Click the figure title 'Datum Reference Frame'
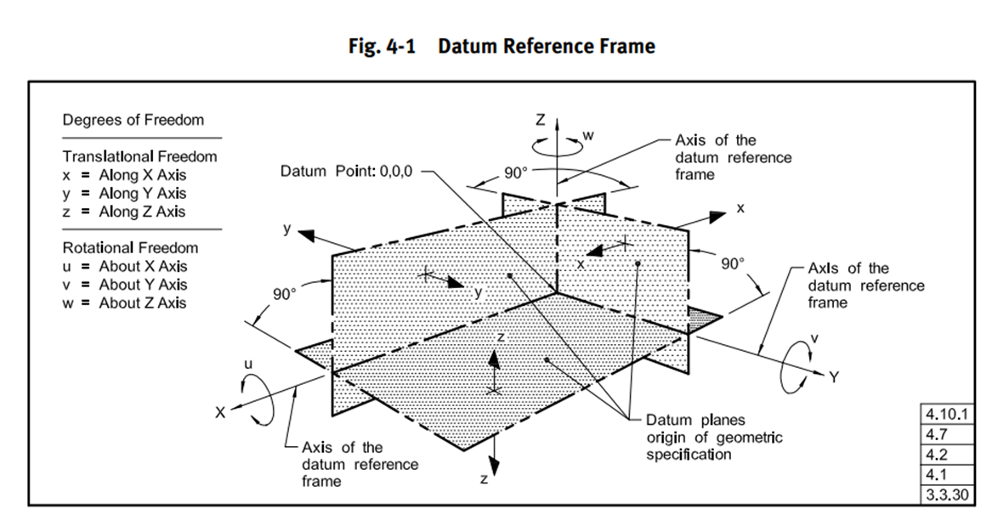click(546, 46)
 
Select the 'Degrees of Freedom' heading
click(133, 120)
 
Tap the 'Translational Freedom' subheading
click(139, 156)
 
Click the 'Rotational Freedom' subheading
click(130, 248)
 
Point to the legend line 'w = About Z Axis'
click(124, 303)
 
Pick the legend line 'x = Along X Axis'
click(124, 175)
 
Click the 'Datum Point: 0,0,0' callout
click(346, 172)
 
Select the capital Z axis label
click(541, 120)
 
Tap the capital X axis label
click(219, 413)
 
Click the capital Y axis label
click(835, 377)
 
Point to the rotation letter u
click(248, 364)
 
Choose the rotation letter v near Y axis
click(814, 339)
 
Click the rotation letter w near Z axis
click(588, 134)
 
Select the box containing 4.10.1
click(946, 414)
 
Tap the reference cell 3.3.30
click(946, 495)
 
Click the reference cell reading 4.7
click(946, 434)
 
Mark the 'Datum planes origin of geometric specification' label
click(714, 438)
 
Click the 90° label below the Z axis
click(516, 173)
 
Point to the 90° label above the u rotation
click(285, 295)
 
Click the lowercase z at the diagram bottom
click(484, 479)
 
